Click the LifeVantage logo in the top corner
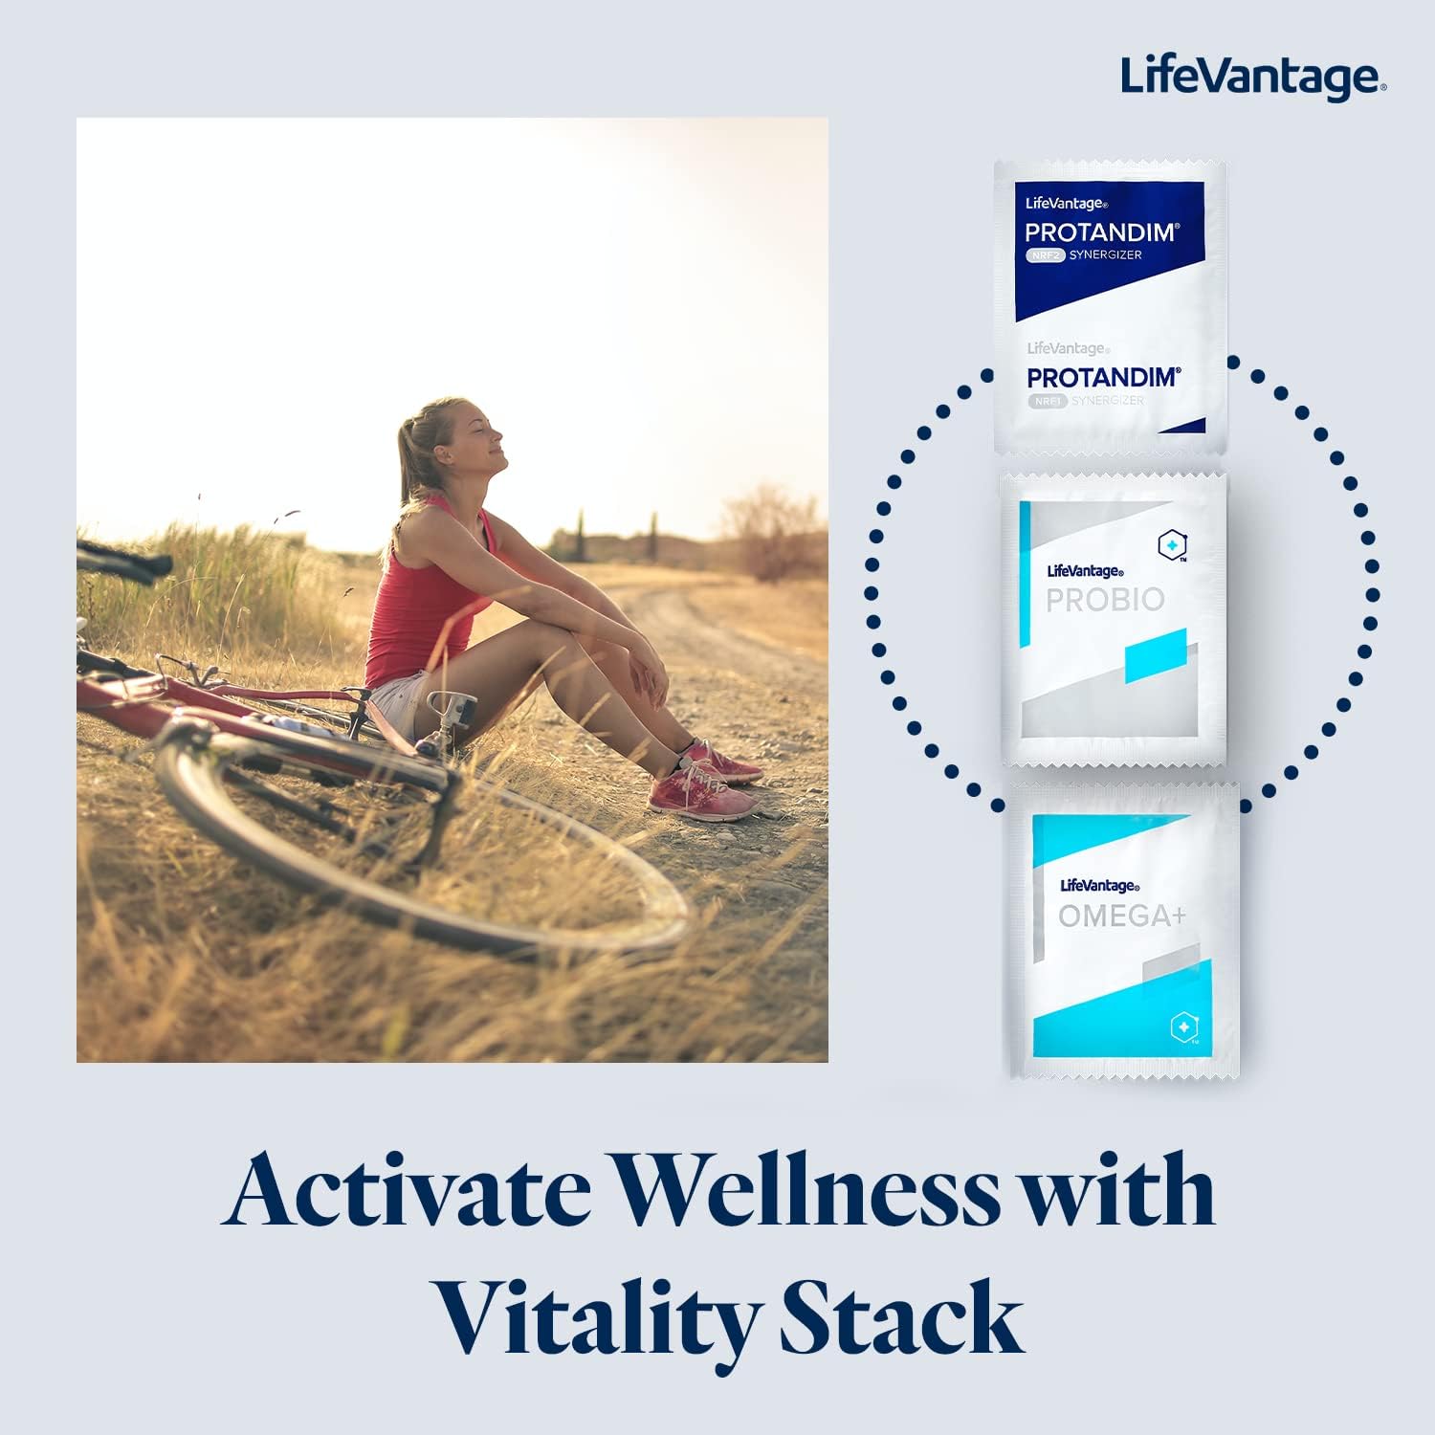click(1252, 77)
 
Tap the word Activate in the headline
click(409, 1191)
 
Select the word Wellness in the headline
click(806, 1191)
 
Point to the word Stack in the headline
click(901, 1318)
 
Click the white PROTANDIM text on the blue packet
click(1101, 232)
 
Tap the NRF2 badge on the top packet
click(1046, 255)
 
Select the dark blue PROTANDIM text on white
click(1103, 377)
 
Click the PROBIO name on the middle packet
click(1105, 600)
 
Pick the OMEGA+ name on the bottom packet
click(1121, 916)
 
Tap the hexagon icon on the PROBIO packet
click(1172, 545)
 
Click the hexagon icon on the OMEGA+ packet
click(1183, 1027)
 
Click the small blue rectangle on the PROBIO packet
click(1156, 655)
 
